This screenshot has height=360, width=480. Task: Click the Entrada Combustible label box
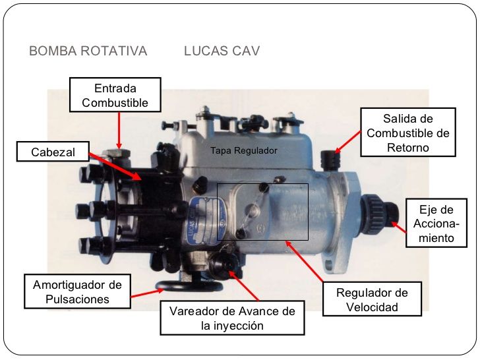tap(119, 95)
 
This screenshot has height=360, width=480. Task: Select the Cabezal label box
tap(53, 153)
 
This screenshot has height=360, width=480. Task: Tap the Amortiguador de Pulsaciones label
tap(77, 291)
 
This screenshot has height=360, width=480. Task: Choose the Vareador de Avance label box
tap(232, 318)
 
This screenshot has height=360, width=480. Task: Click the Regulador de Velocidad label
tap(372, 299)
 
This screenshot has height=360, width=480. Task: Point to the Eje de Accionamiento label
tap(437, 224)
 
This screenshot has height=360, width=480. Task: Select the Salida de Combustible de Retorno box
tap(407, 133)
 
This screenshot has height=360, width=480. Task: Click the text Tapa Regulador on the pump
tap(244, 151)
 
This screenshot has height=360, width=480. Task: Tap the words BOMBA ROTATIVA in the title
tap(88, 51)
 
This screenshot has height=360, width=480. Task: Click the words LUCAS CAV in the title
tap(222, 51)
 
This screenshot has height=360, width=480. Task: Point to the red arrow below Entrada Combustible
tap(119, 129)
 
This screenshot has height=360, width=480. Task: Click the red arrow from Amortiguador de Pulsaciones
tap(145, 295)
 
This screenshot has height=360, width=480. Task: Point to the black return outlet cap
tap(328, 158)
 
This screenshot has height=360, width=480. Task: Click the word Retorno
tap(407, 147)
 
